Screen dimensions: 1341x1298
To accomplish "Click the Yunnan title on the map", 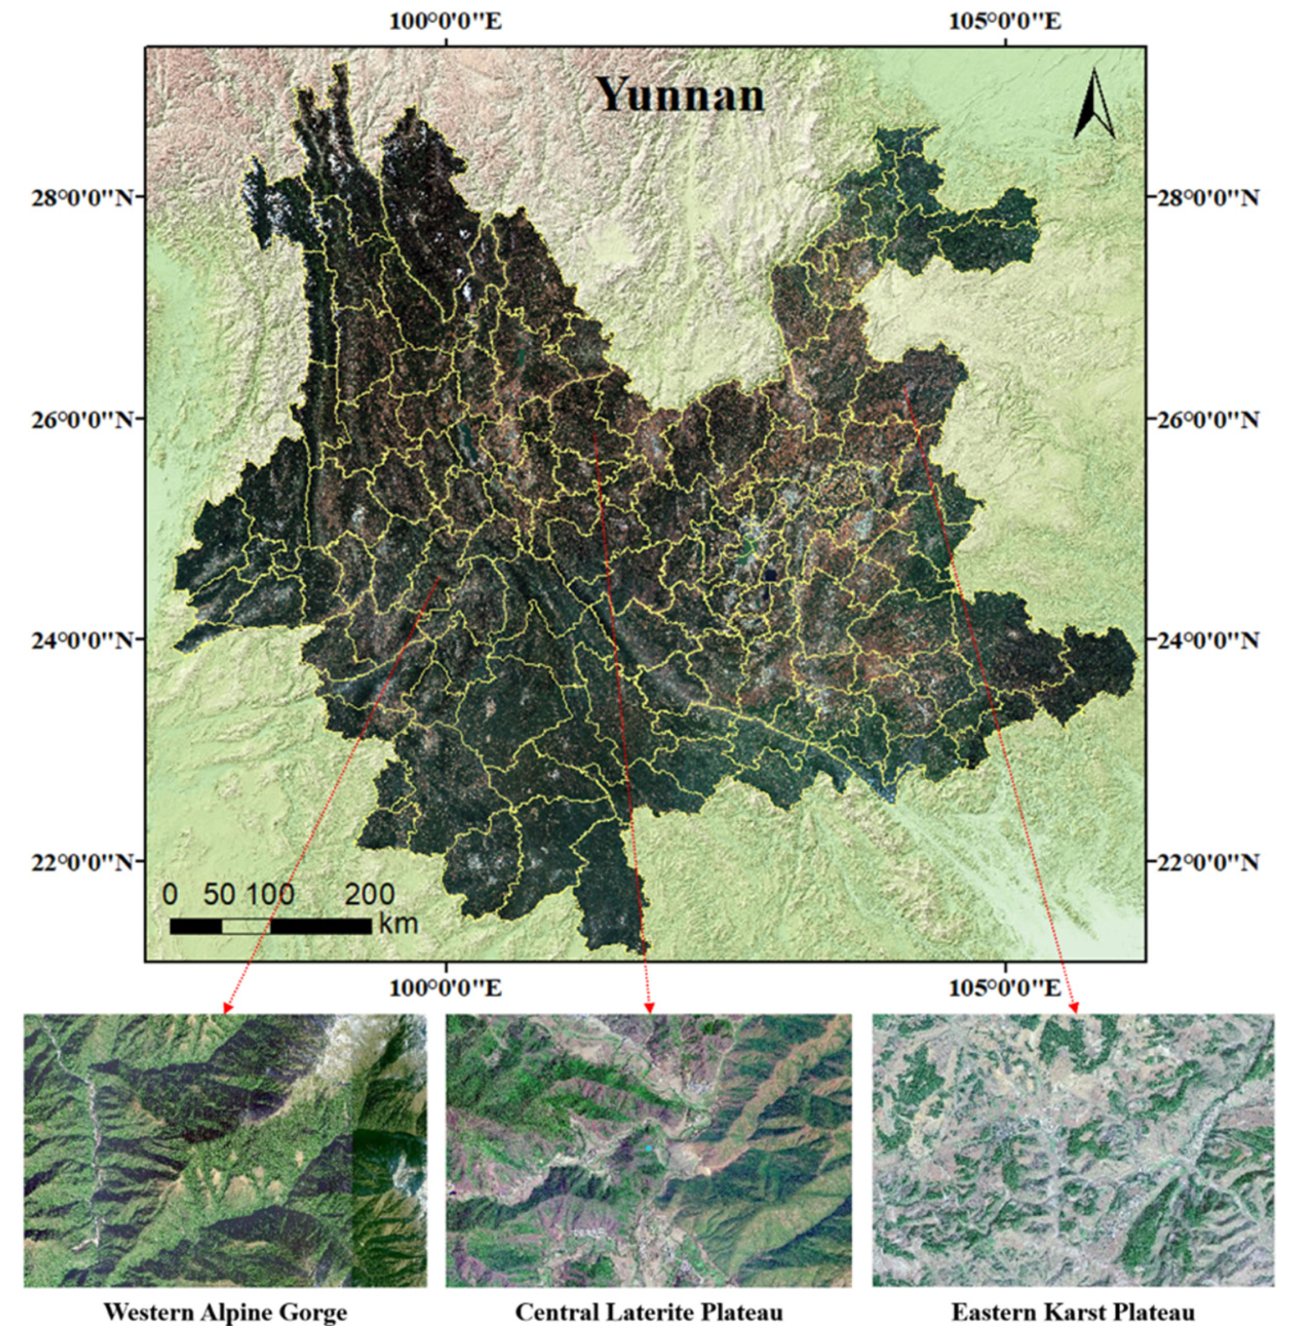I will tap(679, 95).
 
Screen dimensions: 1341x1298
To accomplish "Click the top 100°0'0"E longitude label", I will tap(445, 21).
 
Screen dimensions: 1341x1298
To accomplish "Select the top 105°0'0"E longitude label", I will tap(1004, 21).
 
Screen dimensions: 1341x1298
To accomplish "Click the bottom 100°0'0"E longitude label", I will tap(445, 988).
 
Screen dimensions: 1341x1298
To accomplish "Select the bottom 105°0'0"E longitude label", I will tap(1004, 988).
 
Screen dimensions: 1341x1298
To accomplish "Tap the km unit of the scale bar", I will tap(397, 924).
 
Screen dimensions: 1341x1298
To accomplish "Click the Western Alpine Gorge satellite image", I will tap(225, 1150).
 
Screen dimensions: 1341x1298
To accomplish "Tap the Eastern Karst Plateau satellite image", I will tap(1073, 1150).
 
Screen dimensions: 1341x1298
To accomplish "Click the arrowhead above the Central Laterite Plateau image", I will tap(649, 1008).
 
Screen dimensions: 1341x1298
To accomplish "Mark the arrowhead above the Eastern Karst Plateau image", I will tap(1074, 1008).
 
